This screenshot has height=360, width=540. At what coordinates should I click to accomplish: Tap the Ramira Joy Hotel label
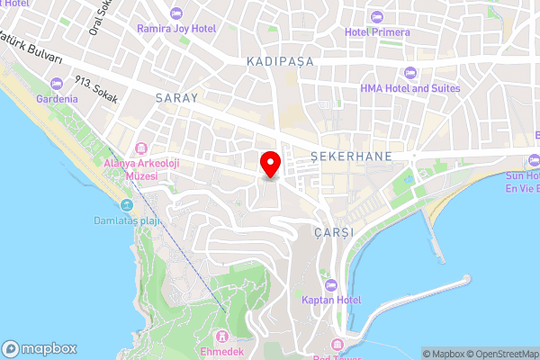click(176, 29)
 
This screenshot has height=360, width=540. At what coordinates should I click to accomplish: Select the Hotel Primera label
click(377, 32)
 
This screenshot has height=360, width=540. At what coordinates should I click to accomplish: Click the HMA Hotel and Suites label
click(409, 88)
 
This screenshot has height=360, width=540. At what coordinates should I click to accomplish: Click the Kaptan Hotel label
click(331, 300)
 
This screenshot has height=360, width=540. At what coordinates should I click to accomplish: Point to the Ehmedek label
click(222, 351)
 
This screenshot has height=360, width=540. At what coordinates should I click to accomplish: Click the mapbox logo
click(40, 349)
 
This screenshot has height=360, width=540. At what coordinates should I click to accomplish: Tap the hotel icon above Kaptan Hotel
click(331, 284)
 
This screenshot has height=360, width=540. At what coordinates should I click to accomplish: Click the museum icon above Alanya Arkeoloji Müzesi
click(140, 148)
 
